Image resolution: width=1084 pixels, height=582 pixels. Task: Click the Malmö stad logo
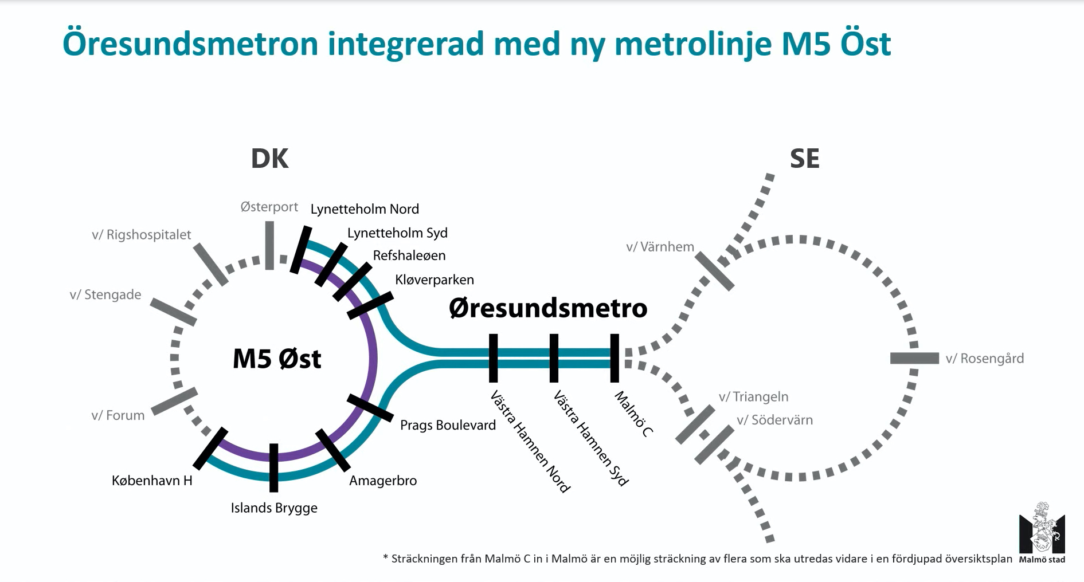click(1042, 533)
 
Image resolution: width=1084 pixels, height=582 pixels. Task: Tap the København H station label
click(152, 481)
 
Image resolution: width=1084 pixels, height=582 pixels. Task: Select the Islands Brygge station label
click(274, 508)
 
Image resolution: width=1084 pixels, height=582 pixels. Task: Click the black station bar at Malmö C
click(615, 358)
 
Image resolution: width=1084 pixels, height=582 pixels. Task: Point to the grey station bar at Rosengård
click(914, 358)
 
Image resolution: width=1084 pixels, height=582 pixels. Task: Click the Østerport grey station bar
click(269, 245)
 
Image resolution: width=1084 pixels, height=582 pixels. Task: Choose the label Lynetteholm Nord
click(365, 209)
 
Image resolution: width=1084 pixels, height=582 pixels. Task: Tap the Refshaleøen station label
click(409, 255)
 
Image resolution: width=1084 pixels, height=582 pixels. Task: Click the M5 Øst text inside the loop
click(277, 359)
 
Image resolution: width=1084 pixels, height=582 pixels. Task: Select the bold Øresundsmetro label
click(548, 308)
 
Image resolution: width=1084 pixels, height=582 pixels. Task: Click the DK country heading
click(269, 159)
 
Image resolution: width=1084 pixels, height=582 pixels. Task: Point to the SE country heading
click(804, 159)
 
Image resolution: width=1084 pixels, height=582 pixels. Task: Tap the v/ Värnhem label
click(660, 247)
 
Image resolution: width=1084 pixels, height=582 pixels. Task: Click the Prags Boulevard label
click(448, 425)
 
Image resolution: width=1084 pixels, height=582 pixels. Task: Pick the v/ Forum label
click(118, 415)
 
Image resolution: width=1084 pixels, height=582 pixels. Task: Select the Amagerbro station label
click(383, 481)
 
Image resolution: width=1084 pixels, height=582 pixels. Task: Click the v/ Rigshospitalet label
click(142, 235)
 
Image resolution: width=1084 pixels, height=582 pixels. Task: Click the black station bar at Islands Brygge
click(274, 467)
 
